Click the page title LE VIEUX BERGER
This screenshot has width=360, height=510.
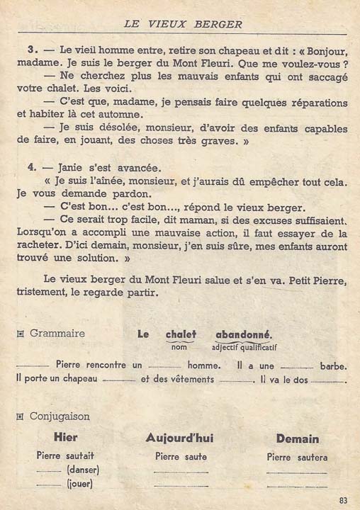(x=183, y=23)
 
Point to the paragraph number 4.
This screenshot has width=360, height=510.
(x=32, y=168)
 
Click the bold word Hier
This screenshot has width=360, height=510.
(x=66, y=438)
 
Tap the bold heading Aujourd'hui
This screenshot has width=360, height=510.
(x=180, y=438)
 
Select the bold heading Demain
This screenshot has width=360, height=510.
(x=298, y=438)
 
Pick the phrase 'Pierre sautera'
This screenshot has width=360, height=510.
(x=297, y=457)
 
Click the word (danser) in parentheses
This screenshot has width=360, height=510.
(x=82, y=470)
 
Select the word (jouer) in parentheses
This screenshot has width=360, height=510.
(x=80, y=484)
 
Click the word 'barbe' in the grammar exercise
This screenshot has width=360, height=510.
(x=332, y=365)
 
